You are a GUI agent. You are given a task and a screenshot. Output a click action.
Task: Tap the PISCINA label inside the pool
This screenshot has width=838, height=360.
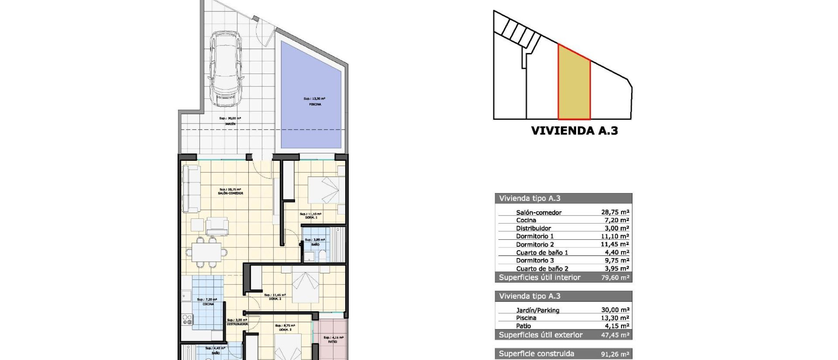315,104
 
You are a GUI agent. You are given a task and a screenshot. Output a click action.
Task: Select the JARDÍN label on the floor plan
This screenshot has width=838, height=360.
230,124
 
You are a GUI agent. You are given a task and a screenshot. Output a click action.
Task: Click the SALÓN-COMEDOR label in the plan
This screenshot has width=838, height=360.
230,193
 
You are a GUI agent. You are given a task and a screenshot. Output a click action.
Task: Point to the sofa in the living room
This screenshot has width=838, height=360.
191,189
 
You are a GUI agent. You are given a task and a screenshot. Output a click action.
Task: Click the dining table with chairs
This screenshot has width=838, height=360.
206,250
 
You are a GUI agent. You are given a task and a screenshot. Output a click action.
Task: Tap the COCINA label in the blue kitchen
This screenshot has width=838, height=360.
208,304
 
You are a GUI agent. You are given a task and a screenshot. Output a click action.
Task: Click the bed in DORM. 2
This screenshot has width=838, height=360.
305,288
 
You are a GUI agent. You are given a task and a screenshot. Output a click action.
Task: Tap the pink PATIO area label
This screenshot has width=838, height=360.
332,342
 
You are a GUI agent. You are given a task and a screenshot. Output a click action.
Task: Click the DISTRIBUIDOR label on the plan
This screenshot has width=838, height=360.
237,324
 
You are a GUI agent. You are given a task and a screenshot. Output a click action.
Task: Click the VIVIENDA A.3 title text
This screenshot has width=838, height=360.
574,131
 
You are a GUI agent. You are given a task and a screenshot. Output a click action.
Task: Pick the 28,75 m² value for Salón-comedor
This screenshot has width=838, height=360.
615,212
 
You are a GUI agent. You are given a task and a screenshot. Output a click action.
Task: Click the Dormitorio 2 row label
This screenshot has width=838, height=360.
534,244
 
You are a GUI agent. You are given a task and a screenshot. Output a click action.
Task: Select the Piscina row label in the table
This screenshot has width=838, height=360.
526,318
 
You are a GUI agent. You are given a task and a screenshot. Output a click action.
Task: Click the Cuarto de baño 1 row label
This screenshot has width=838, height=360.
542,252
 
